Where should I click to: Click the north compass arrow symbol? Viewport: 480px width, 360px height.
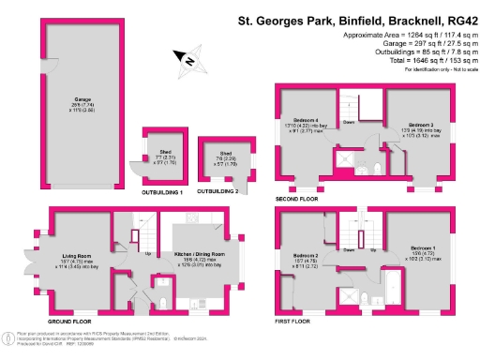tap(190, 60)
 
